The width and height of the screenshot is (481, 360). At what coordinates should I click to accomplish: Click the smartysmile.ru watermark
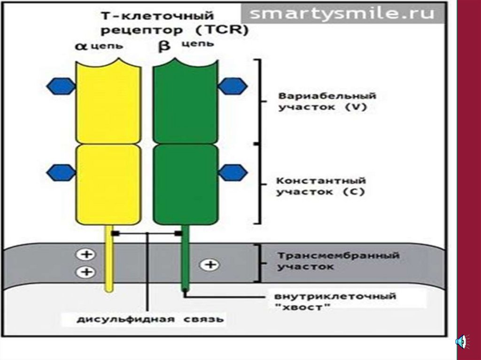(342, 14)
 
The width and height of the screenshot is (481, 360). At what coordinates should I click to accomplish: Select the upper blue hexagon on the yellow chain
(62, 86)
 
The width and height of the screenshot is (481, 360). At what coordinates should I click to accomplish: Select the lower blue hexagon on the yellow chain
(62, 172)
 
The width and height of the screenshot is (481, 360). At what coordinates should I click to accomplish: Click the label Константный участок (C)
(321, 186)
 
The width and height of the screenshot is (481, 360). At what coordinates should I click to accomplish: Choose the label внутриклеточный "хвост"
(335, 302)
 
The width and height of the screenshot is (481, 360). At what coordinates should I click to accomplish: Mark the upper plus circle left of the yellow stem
(86, 255)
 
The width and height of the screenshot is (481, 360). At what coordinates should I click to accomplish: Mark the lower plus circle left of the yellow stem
(86, 271)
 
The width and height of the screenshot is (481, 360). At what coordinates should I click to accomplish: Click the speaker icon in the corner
(461, 341)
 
